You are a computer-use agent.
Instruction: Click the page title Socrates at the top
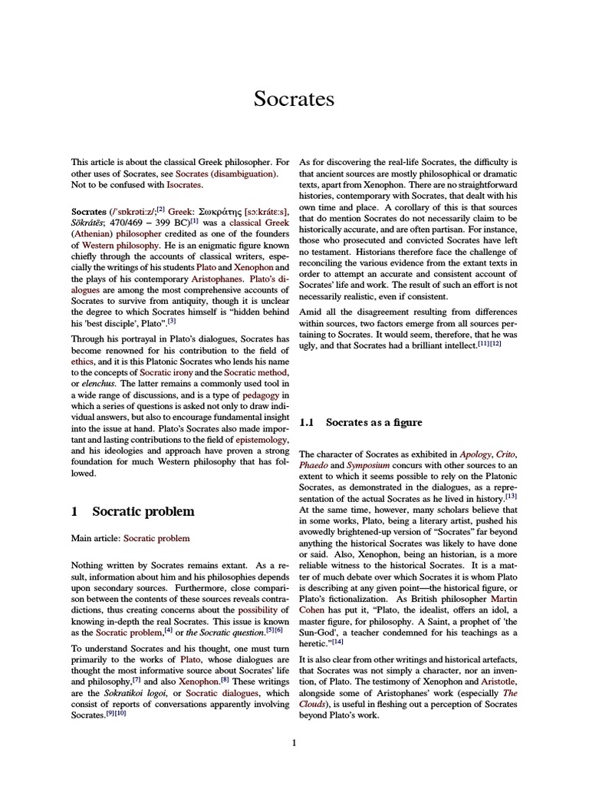294,99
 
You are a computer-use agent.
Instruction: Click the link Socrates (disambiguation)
226,174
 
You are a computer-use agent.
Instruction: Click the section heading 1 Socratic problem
133,511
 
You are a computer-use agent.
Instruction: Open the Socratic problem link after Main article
156,539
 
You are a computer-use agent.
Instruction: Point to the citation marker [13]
511,497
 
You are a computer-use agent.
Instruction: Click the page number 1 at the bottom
294,742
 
